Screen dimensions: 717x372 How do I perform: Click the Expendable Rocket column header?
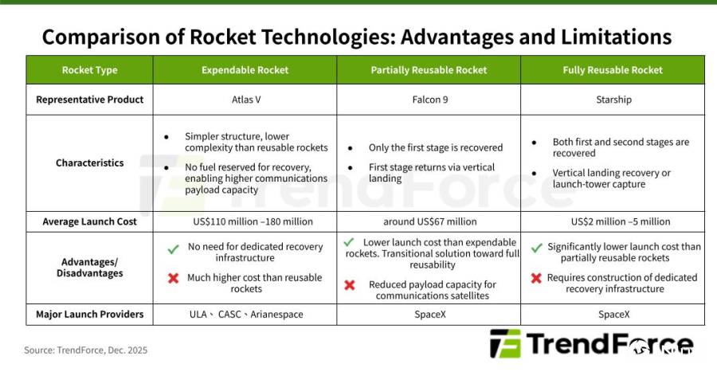[245, 70]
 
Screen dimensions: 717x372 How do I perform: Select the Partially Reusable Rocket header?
[429, 70]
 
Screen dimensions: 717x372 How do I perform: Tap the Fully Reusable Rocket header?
[613, 70]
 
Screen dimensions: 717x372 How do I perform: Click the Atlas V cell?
[246, 100]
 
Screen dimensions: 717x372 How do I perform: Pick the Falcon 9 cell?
[430, 100]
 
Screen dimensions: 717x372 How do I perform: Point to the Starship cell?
[613, 100]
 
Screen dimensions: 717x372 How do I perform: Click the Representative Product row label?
[89, 100]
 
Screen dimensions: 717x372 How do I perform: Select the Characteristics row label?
[89, 163]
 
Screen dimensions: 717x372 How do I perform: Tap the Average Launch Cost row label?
[89, 221]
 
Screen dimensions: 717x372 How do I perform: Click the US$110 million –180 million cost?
[253, 221]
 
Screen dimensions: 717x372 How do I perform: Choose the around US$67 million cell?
[430, 221]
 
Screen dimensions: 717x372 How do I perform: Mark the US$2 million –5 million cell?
[621, 221]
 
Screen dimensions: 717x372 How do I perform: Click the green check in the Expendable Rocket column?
[174, 249]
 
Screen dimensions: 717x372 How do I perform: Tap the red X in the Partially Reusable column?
[350, 285]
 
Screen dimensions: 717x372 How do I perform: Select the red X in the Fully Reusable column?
[536, 278]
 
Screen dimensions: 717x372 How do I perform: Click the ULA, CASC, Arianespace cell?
[246, 315]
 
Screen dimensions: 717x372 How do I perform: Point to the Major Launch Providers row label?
[89, 315]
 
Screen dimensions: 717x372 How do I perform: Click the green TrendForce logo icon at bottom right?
[505, 343]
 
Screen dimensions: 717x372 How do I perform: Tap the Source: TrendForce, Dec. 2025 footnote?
[85, 350]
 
